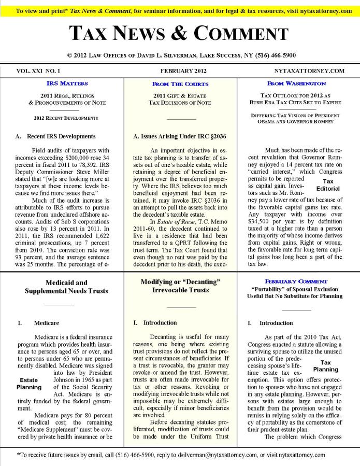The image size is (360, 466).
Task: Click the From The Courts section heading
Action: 180,83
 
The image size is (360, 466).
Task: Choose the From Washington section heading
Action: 296,83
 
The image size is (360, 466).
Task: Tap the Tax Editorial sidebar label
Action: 327,185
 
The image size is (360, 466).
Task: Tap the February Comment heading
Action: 296,281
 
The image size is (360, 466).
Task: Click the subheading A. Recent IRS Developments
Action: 55,136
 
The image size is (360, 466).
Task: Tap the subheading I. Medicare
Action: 39,323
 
